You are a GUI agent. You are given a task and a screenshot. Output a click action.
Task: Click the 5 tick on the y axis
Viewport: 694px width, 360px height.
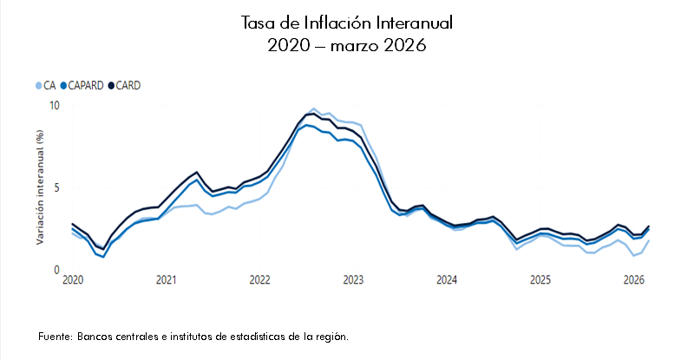[x=56, y=187]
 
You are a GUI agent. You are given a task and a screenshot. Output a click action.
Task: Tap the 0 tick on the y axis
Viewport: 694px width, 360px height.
[x=56, y=270]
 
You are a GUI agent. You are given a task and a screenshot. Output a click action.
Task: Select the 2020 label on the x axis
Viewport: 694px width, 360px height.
[x=73, y=280]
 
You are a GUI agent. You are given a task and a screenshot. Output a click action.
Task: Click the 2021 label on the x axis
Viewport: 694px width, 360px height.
[x=167, y=280]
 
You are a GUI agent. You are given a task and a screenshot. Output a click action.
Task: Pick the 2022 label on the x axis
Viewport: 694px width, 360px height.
[x=260, y=280]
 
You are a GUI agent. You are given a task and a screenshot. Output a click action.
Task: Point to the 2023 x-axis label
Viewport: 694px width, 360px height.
[x=353, y=280]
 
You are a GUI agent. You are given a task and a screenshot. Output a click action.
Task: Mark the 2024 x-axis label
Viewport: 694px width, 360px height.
[x=447, y=280]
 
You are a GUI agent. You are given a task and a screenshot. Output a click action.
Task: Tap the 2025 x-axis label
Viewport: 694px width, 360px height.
[x=540, y=280]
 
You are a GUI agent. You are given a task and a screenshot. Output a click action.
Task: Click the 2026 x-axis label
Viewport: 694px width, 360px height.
[x=634, y=280]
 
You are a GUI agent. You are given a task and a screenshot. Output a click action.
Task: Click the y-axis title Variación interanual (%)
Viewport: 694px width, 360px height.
[x=39, y=187]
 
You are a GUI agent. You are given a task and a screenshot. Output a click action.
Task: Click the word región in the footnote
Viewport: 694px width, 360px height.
[x=331, y=336]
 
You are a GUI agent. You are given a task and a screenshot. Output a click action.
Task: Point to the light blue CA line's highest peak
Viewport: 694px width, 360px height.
[x=313, y=109]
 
